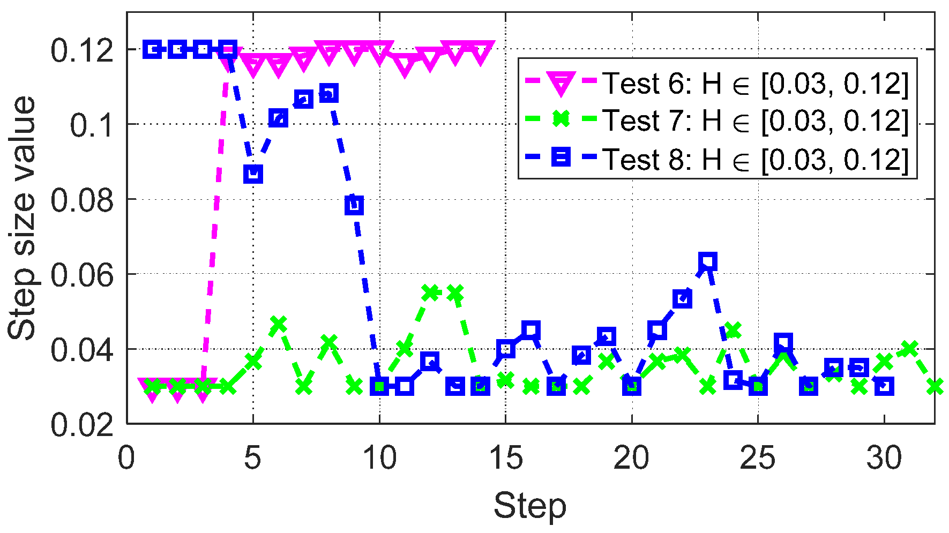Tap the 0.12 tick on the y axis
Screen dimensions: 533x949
click(81, 51)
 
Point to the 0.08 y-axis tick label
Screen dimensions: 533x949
click(81, 200)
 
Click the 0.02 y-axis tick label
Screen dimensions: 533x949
click(81, 425)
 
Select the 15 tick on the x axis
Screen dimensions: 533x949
click(506, 459)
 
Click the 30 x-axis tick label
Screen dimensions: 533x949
click(884, 459)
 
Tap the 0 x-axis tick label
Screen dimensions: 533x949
click(127, 459)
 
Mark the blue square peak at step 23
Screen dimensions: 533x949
click(708, 262)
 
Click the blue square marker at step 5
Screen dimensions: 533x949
click(253, 174)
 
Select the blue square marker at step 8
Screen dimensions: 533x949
click(329, 94)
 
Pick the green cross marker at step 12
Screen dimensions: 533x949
click(430, 292)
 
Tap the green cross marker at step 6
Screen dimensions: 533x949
click(278, 324)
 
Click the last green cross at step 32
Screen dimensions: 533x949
click(935, 386)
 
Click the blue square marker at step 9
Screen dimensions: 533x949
click(354, 205)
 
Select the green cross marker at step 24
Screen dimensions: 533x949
click(733, 330)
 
